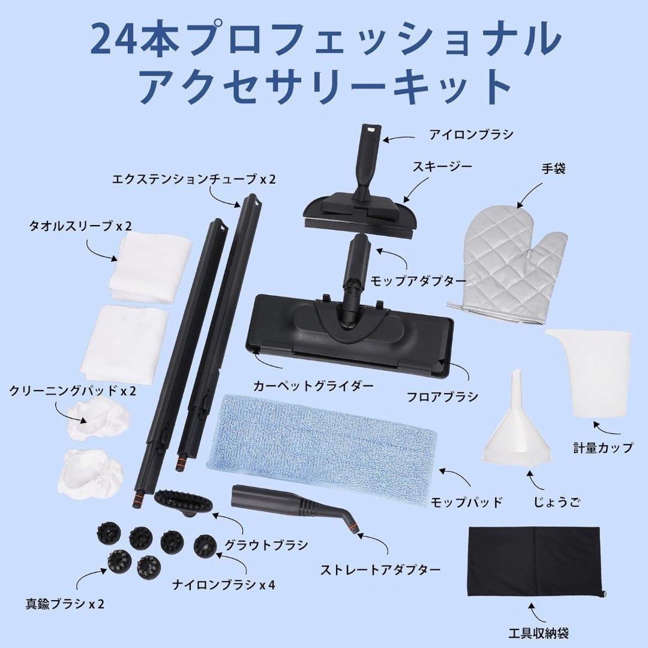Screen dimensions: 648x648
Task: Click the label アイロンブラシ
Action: (470, 134)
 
